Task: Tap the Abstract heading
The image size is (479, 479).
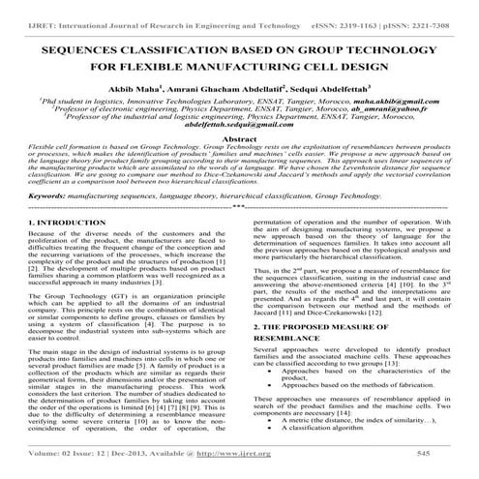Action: pyautogui.click(x=239, y=139)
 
